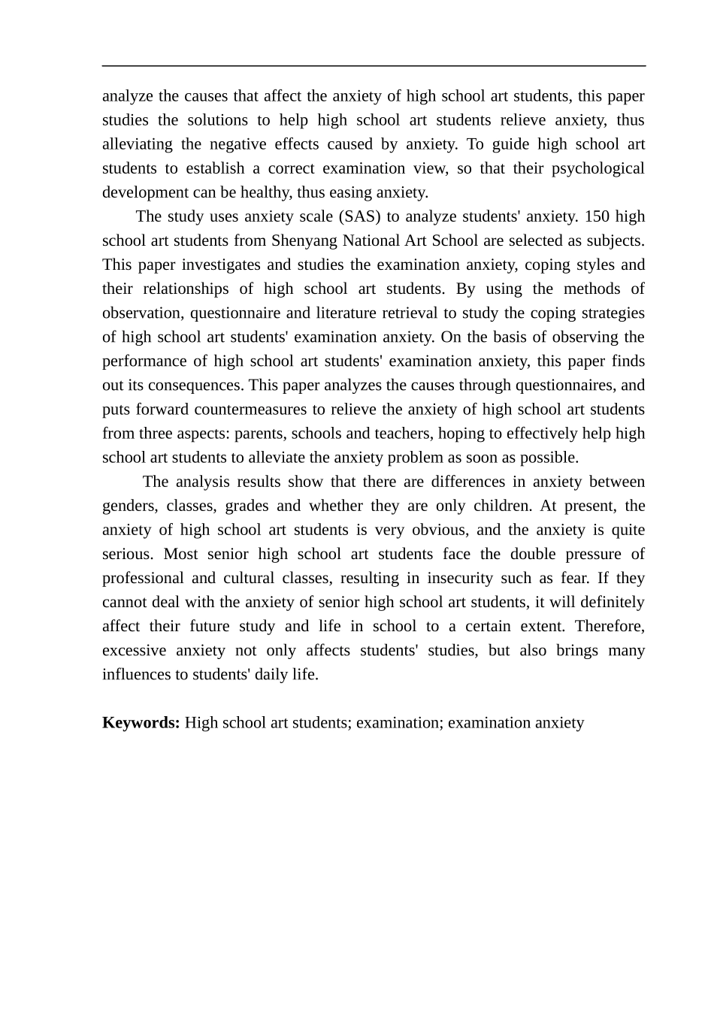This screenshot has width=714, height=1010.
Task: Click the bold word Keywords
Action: pyautogui.click(x=141, y=723)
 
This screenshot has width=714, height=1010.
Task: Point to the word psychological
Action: pyautogui.click(x=598, y=168)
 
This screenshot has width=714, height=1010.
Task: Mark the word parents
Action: pyautogui.click(x=259, y=434)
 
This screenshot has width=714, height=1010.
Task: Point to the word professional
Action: pyautogui.click(x=143, y=578)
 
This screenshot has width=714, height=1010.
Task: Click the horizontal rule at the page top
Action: pyautogui.click(x=374, y=66)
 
